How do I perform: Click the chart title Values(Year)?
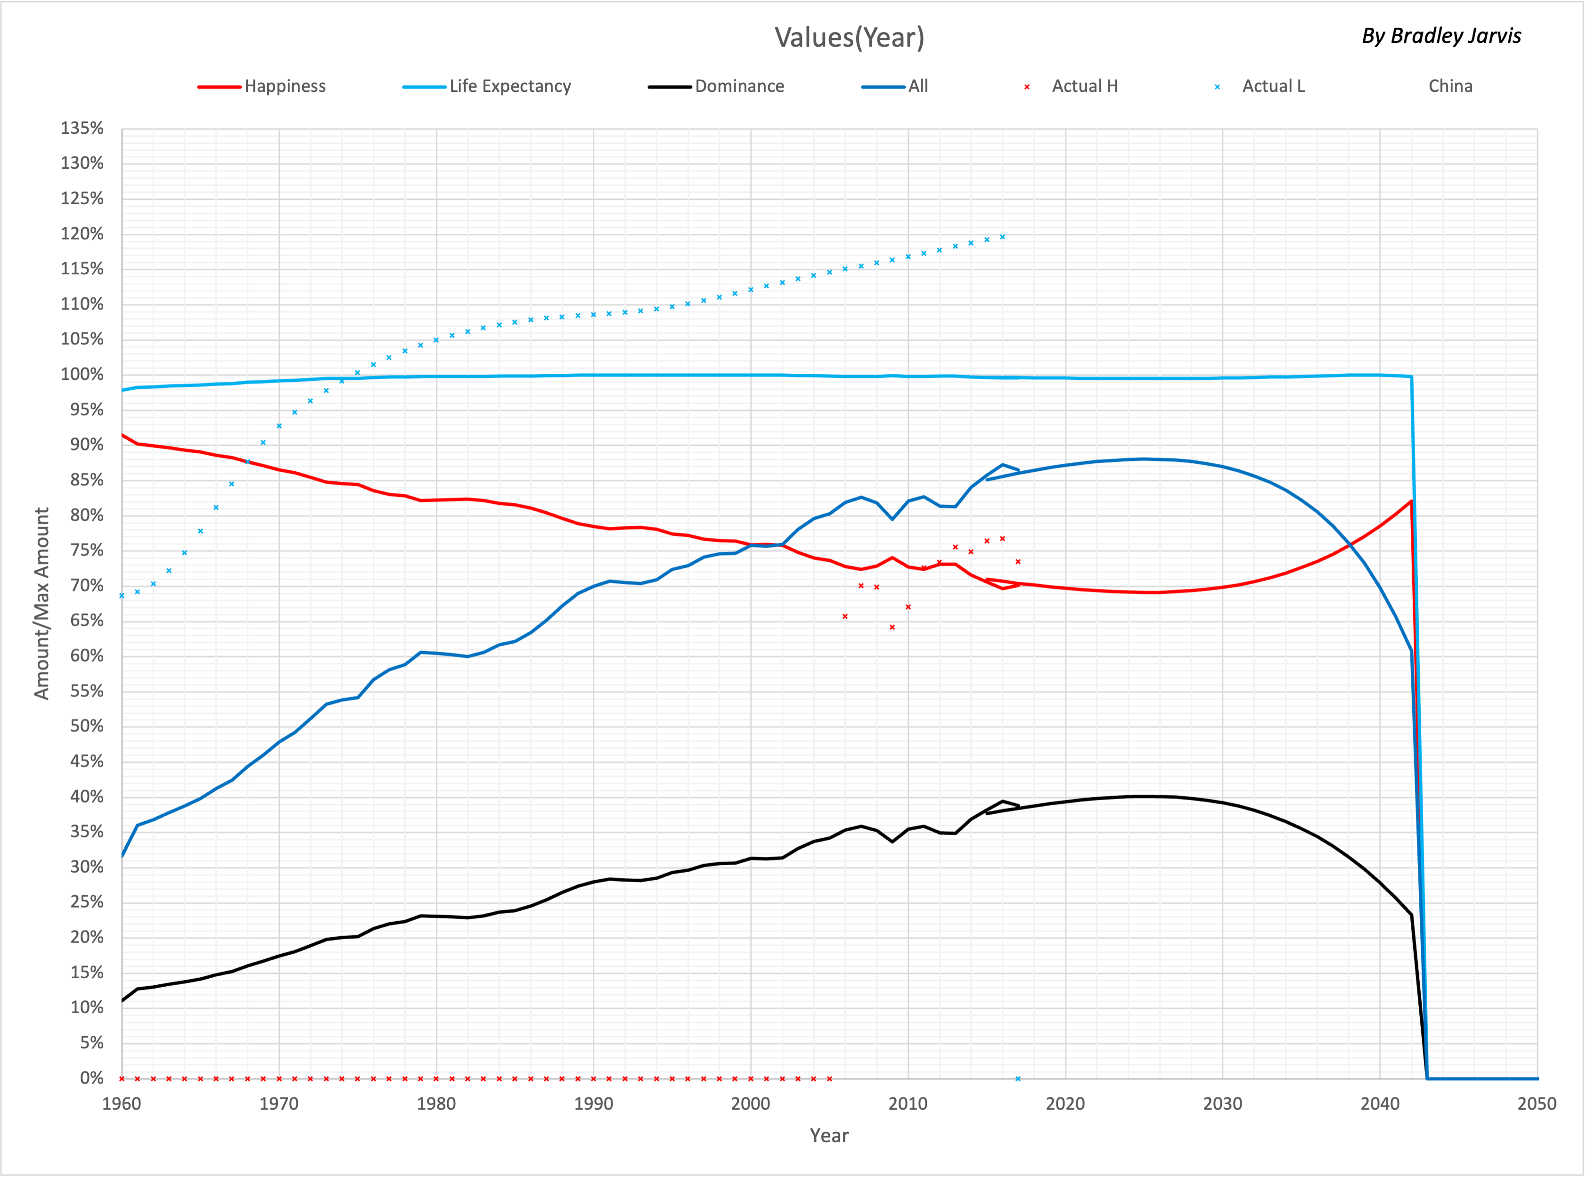pos(849,37)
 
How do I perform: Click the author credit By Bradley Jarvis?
pos(1441,36)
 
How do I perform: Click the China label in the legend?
pos(1450,86)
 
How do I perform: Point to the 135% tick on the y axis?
pos(82,129)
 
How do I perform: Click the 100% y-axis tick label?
pos(82,375)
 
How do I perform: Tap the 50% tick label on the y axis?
pos(86,727)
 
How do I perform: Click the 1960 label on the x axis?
pos(122,1104)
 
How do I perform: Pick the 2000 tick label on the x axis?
pos(751,1104)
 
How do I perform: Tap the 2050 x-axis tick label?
pos(1536,1104)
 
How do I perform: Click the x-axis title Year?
pos(828,1136)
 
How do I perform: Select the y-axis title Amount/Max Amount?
pos(41,603)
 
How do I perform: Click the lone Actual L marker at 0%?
pos(1018,1078)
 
